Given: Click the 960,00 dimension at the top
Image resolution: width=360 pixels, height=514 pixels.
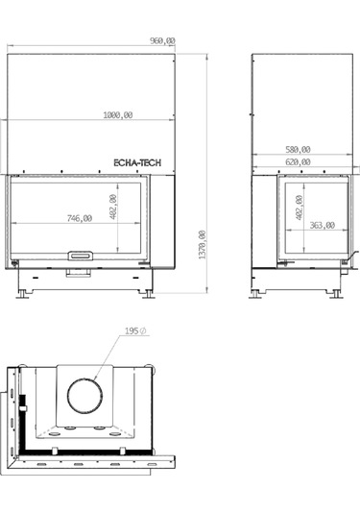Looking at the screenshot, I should (x=163, y=40).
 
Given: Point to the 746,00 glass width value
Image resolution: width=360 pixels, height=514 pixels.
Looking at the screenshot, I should (x=79, y=219).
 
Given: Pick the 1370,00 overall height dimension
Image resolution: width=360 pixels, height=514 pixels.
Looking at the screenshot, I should (x=202, y=249).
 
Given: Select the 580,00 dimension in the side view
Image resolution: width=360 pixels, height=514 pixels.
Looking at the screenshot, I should (x=299, y=149).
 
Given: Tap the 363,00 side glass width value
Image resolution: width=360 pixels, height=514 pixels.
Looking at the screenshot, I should (x=322, y=226).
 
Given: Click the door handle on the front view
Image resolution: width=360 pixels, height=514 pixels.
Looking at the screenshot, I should (x=80, y=256).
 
